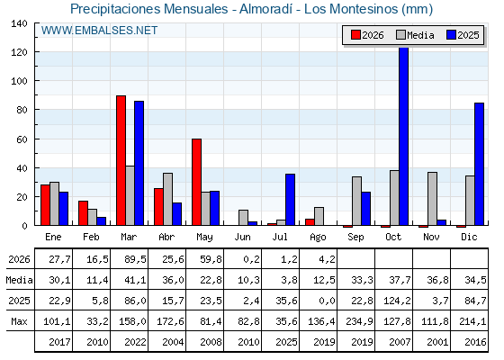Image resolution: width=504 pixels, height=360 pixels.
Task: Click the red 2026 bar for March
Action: (x=121, y=160)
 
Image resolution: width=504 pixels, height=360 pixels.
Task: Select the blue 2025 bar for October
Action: (x=404, y=136)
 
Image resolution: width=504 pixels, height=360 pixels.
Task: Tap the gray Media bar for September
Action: (x=356, y=201)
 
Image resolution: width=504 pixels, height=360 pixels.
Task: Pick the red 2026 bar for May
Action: (x=197, y=182)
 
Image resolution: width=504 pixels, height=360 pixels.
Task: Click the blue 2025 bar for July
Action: (x=290, y=200)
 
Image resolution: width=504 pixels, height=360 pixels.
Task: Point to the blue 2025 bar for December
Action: (x=479, y=164)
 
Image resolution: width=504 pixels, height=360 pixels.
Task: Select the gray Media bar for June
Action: (x=243, y=218)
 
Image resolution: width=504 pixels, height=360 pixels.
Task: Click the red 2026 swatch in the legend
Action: (x=355, y=35)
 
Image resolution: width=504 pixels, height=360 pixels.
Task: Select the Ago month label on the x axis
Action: (x=318, y=238)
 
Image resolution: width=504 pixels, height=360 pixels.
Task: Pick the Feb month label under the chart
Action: (x=91, y=237)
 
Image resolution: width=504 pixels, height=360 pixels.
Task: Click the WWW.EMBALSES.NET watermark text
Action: (x=99, y=31)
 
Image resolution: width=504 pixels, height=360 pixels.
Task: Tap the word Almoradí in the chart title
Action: (x=265, y=9)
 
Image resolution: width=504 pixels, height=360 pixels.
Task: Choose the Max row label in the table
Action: (x=19, y=321)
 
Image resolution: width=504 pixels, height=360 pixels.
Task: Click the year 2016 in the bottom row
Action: (x=475, y=342)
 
